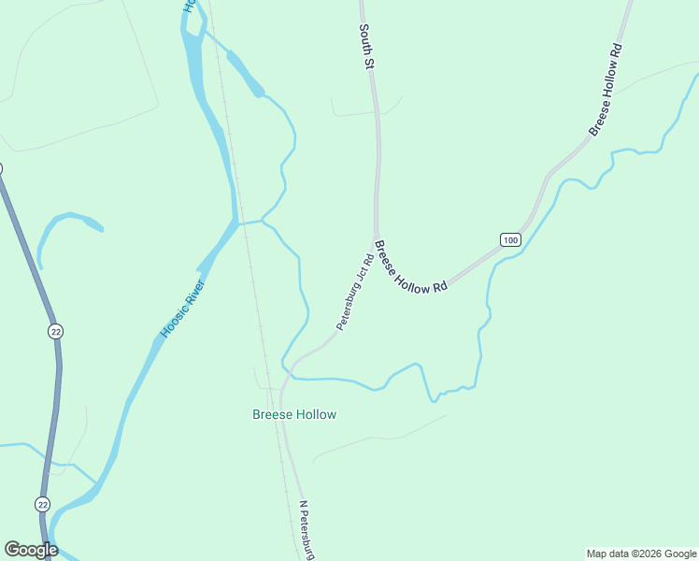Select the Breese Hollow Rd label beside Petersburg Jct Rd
[410, 269]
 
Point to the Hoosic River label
[182, 309]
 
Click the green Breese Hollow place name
[294, 414]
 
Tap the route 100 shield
[509, 240]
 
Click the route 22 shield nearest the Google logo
[43, 504]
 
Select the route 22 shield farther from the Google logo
[56, 331]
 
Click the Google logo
[31, 550]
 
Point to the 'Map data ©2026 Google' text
[640, 554]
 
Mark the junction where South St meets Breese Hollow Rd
[376, 237]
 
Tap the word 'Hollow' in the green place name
[315, 414]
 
